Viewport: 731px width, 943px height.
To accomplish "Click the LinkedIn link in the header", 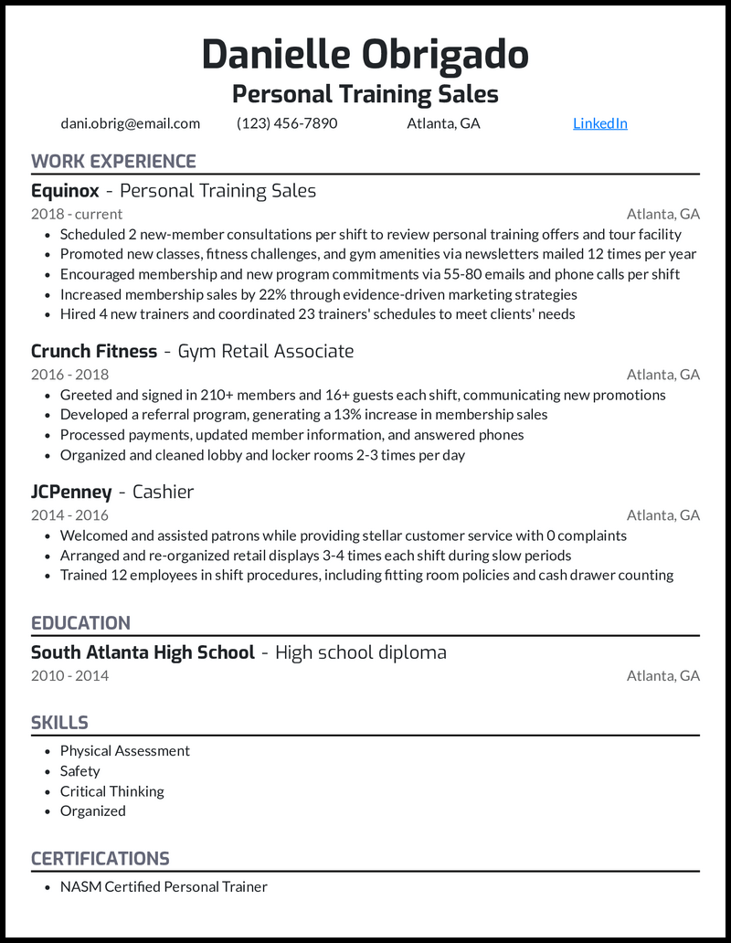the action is click(599, 123).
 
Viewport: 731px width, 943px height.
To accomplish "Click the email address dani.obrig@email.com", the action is click(131, 123).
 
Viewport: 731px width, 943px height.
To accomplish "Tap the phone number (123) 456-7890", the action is click(287, 123).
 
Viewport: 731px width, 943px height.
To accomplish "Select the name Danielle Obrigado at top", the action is click(365, 55).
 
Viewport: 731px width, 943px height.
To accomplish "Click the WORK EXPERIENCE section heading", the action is click(113, 162).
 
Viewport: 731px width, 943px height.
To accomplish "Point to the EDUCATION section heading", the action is click(80, 623).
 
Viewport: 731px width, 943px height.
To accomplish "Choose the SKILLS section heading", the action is click(59, 723).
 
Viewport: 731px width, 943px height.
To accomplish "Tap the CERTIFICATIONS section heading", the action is click(101, 859).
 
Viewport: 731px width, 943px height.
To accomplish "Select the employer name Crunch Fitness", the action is click(94, 351).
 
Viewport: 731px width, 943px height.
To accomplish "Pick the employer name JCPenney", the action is click(71, 492).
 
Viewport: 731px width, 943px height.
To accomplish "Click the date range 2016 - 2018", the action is click(69, 374).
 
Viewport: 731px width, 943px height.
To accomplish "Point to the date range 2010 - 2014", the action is click(69, 676).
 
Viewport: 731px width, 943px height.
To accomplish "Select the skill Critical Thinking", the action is click(112, 791).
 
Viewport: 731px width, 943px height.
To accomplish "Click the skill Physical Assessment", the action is click(125, 751).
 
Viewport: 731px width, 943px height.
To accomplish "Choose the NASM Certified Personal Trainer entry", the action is click(164, 886).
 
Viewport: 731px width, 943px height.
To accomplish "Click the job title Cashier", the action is click(164, 492).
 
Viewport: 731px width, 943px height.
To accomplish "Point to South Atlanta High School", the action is click(143, 652).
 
